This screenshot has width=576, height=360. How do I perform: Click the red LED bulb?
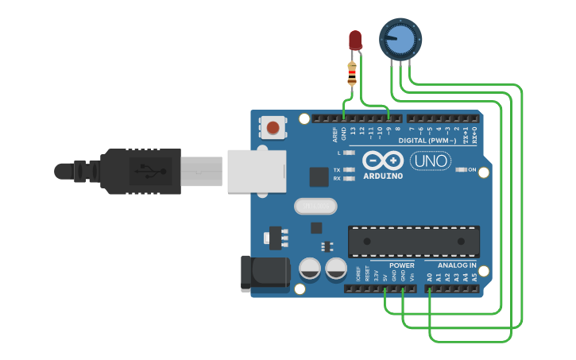[x=355, y=40]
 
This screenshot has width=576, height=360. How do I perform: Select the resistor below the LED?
[x=352, y=73]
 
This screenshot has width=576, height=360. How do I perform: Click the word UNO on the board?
[x=431, y=161]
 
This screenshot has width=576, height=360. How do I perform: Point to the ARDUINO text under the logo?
[x=383, y=176]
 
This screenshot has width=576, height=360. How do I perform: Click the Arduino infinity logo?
[x=383, y=161]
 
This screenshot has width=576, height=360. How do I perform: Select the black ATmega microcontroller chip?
[x=414, y=241]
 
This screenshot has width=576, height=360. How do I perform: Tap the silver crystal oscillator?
[x=315, y=207]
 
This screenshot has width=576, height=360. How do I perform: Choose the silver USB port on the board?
[x=256, y=171]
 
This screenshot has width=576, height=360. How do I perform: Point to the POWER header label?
[x=402, y=265]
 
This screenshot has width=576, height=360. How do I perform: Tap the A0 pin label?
[x=430, y=277]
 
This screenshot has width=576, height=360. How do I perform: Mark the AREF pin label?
[x=335, y=134]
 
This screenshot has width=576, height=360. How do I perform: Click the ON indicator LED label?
[x=472, y=170]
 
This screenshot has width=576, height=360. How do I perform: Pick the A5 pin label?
[x=475, y=277]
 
